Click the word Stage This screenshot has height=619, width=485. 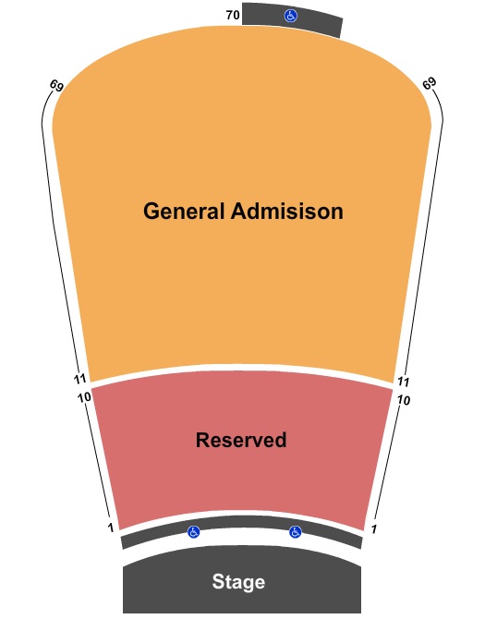(238, 581)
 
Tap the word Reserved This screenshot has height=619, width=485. (241, 440)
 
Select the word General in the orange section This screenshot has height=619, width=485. (184, 211)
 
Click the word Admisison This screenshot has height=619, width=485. (287, 211)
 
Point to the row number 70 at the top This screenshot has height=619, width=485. (233, 15)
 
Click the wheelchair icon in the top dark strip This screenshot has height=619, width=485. (291, 16)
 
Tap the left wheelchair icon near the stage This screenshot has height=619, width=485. (193, 532)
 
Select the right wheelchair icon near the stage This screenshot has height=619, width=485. (296, 532)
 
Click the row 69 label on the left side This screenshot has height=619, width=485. (56, 85)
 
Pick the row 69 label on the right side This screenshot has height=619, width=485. (429, 83)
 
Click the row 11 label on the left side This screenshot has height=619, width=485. (79, 380)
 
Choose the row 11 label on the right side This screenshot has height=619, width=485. (403, 382)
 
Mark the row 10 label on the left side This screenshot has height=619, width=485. (84, 397)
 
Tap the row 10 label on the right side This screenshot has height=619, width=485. (404, 400)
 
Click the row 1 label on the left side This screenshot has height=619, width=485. (111, 528)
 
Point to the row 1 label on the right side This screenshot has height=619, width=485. (373, 528)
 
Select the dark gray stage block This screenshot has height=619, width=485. (242, 579)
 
